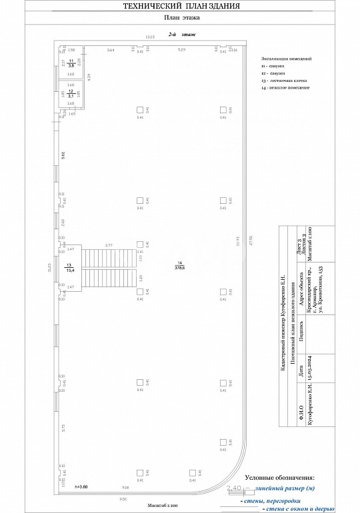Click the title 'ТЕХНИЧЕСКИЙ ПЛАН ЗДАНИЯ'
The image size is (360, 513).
182,6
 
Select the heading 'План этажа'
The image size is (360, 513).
181,19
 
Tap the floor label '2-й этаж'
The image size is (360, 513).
177,33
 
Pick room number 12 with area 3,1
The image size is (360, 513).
70,94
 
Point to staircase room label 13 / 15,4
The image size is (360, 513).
69,268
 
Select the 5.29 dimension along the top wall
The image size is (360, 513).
181,50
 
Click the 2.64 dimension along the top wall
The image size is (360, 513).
111,50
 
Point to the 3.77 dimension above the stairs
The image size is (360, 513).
109,245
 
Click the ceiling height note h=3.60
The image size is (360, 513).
81,488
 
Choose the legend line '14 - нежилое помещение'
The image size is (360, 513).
286,88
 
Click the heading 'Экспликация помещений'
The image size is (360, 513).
287,59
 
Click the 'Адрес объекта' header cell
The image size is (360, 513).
301,288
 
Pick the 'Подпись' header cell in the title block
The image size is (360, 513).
301,331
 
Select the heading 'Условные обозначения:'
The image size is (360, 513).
279,478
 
